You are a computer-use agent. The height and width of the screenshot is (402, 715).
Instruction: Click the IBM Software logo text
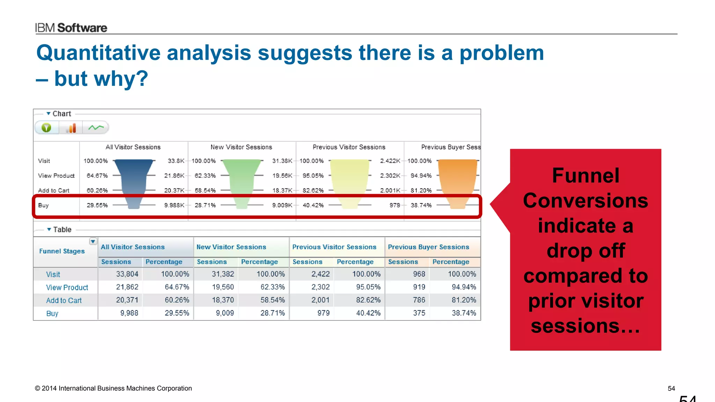point(71,28)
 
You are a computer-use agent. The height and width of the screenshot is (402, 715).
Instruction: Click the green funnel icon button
point(46,128)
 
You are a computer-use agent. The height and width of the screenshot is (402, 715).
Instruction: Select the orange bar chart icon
point(71,128)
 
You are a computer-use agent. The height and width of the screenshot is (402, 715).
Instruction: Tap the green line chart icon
point(96,128)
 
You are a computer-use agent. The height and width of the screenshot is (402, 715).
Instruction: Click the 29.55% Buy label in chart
point(97,205)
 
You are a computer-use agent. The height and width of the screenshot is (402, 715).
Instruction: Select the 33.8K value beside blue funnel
point(176,161)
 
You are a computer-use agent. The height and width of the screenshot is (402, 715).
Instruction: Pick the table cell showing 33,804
point(127,274)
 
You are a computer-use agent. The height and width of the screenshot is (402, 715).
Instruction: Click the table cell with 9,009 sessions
point(224,313)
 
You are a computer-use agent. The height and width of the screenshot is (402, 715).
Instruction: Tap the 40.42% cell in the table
point(368,313)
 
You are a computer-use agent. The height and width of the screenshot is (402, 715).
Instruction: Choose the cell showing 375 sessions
point(419,313)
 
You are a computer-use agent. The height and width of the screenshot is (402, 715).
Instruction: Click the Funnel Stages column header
point(62,251)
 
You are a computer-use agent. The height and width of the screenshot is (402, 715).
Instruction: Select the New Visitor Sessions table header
point(231,247)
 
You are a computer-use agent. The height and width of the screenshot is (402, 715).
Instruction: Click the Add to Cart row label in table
point(64,300)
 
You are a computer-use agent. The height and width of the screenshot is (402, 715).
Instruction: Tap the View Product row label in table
point(67,288)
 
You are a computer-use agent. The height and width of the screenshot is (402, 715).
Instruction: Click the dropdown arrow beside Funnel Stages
point(93,241)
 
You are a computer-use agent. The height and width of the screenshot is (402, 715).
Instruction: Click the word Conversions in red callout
point(585,201)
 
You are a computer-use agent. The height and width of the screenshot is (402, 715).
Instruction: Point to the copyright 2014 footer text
point(113,388)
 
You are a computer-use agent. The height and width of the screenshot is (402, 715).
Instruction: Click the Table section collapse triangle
point(49,229)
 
